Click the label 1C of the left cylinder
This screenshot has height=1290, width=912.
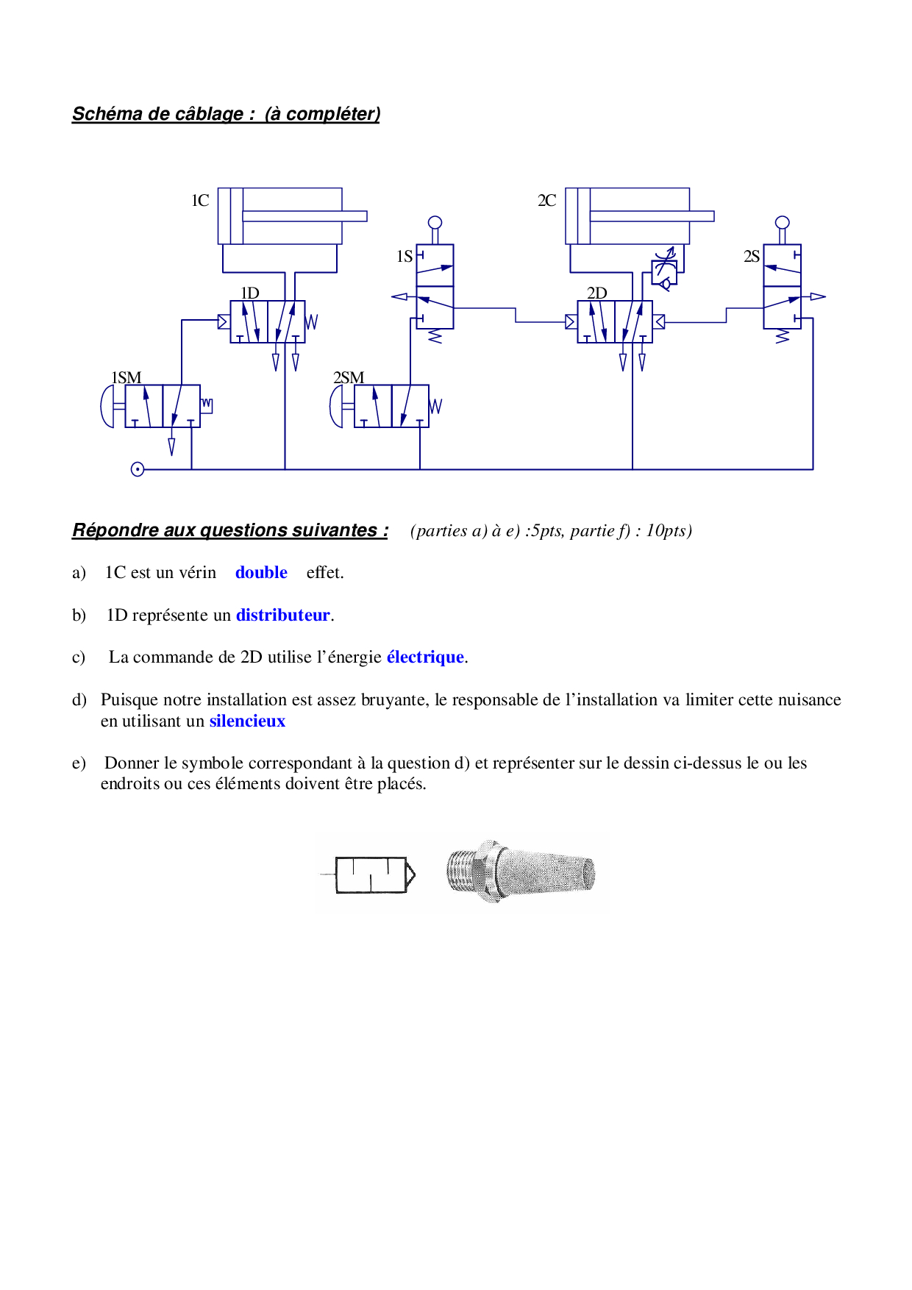(x=200, y=200)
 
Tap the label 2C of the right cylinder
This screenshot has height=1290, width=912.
(x=546, y=200)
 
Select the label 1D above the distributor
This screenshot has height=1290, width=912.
(x=250, y=293)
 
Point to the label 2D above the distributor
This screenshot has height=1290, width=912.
(x=597, y=293)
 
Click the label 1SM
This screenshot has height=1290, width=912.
(x=126, y=377)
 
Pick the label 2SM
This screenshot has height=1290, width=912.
(x=349, y=377)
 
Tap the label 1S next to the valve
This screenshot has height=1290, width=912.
(x=405, y=256)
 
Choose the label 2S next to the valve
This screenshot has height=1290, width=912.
(x=751, y=256)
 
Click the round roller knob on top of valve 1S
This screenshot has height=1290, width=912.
(x=435, y=222)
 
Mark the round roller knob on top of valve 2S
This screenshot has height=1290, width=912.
(x=783, y=222)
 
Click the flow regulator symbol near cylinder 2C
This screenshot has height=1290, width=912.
(x=665, y=269)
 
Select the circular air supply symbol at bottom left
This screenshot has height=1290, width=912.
(x=138, y=469)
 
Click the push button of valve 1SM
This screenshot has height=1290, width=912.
(x=107, y=406)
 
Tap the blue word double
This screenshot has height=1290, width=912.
(x=261, y=572)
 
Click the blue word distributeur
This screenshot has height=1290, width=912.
(x=283, y=615)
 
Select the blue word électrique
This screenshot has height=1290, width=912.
(x=425, y=657)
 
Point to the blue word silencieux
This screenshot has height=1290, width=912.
(x=247, y=721)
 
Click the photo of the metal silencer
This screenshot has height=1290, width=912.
(x=521, y=873)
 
